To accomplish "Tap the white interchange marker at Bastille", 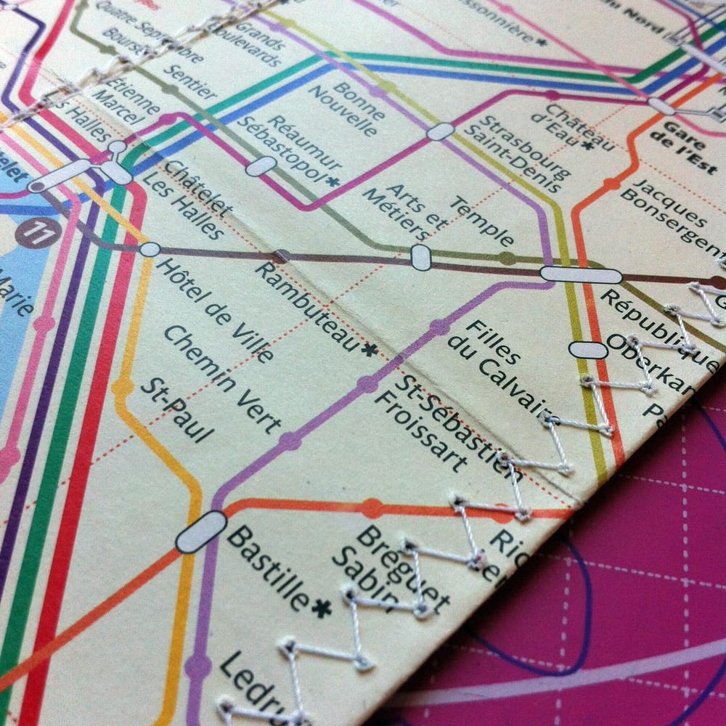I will [x=201, y=532].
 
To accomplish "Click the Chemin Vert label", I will [x=221, y=378].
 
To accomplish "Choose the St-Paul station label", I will [x=177, y=409].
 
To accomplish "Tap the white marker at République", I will [x=581, y=275].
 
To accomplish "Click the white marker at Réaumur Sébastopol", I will [x=261, y=166].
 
